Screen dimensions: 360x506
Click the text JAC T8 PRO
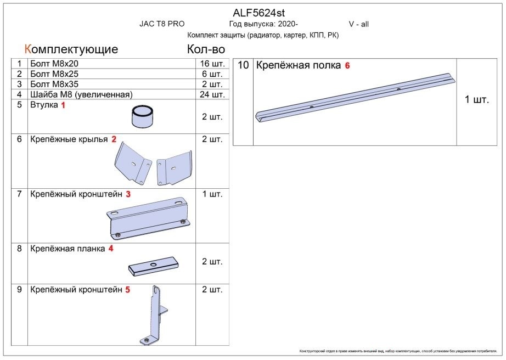(162, 24)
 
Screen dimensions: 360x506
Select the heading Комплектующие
(71, 49)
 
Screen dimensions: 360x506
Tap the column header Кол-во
(206, 49)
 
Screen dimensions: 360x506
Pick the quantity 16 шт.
(212, 64)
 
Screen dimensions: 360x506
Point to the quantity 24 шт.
(212, 94)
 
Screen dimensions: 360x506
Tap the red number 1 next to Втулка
(63, 105)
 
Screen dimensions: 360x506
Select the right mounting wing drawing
(174, 166)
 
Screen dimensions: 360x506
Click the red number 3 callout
(128, 194)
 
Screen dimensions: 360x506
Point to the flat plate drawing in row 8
(154, 266)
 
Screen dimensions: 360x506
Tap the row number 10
(243, 65)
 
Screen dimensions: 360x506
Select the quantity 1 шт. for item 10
(476, 100)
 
